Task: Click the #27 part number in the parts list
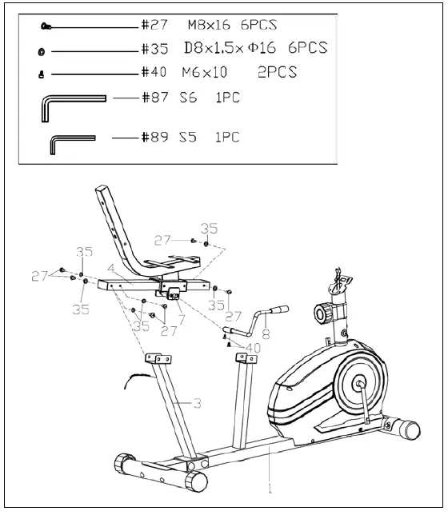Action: (x=154, y=26)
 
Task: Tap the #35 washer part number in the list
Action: (x=154, y=49)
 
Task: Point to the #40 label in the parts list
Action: (x=154, y=73)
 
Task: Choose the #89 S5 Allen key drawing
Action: (x=72, y=142)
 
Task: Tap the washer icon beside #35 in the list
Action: (x=41, y=50)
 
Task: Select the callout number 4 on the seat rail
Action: (x=110, y=269)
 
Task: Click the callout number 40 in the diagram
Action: (x=252, y=348)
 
